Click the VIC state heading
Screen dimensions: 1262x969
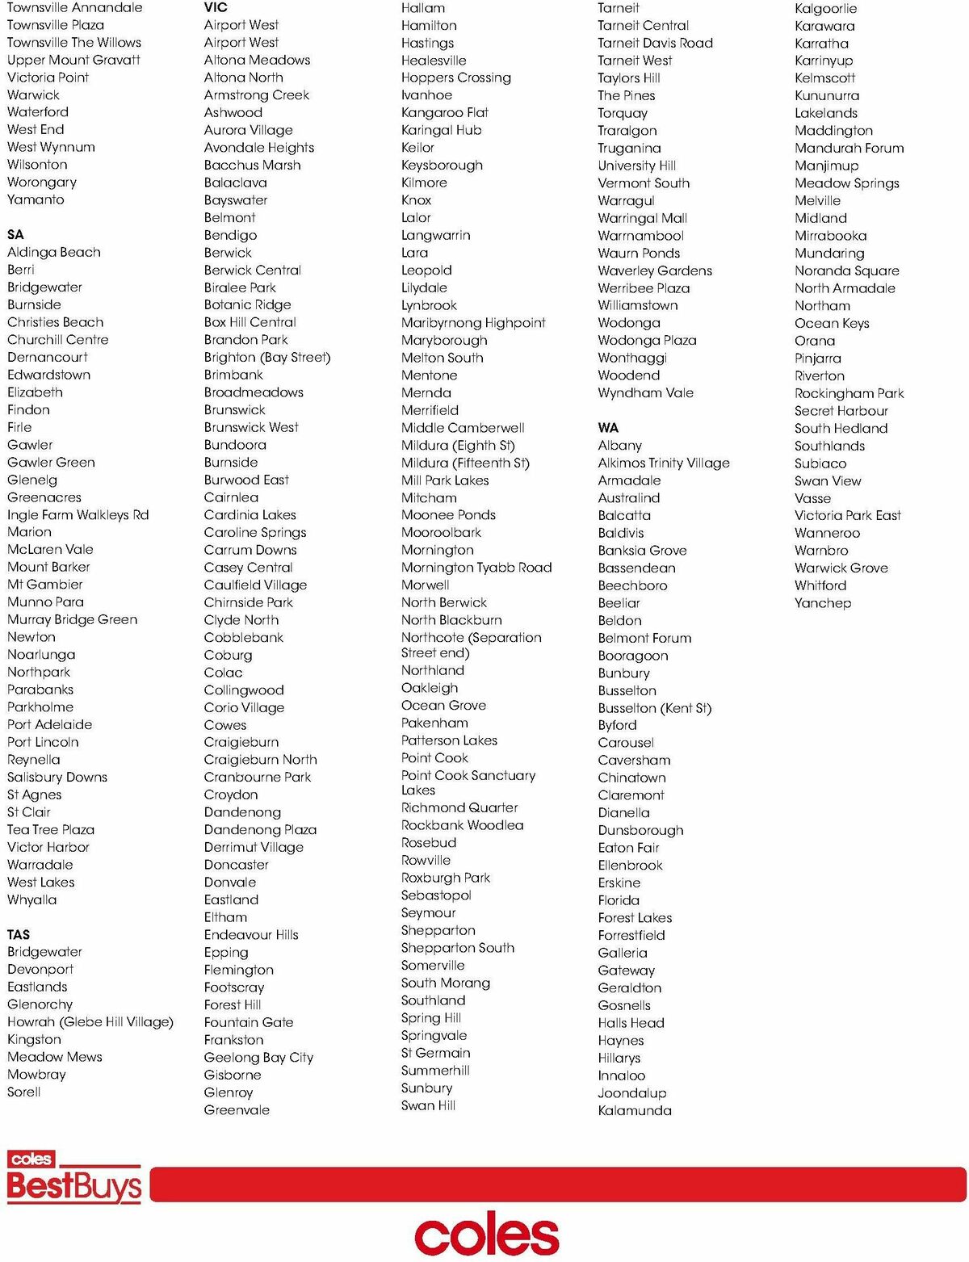[x=216, y=7]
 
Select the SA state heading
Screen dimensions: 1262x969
[x=15, y=234]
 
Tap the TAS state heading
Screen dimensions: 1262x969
[x=19, y=934]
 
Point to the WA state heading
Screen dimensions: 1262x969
[x=608, y=428]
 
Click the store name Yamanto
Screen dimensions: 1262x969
[x=36, y=199]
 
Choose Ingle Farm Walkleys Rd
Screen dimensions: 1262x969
[x=78, y=514]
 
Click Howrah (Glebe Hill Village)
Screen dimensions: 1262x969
[x=90, y=1021]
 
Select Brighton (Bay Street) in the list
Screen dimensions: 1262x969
[x=267, y=357]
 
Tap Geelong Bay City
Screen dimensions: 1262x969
[x=258, y=1057]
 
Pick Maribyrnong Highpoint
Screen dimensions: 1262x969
[x=473, y=323]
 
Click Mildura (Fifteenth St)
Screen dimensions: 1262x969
[x=465, y=463]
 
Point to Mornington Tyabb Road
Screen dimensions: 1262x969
[x=476, y=568]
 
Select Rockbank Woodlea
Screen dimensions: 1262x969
[x=462, y=825]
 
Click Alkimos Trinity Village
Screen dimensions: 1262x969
[x=664, y=463]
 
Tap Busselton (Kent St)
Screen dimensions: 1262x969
[x=655, y=708]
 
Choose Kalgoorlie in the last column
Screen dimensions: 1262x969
[x=826, y=8]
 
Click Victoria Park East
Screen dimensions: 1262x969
[x=848, y=515]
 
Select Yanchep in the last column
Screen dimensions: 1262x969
[x=823, y=603]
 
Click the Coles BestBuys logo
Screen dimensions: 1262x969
[x=73, y=1177]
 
